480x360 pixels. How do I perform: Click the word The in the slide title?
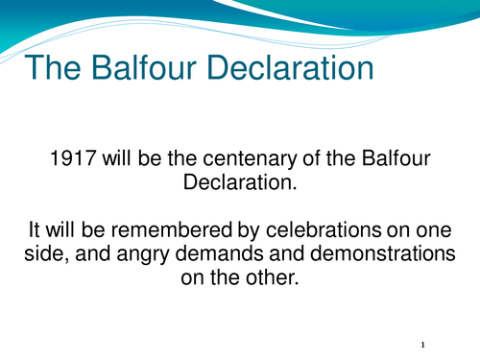click(53, 67)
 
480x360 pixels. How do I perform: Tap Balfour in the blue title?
click(144, 67)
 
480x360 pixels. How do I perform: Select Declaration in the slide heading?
click(291, 67)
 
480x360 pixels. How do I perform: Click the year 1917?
click(73, 158)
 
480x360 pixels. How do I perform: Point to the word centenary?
click(250, 158)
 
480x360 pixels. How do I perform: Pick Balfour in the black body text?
click(396, 157)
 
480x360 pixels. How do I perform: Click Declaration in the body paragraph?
click(240, 182)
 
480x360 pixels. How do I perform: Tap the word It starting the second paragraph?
click(35, 229)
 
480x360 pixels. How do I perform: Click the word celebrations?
click(324, 229)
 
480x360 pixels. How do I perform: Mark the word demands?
click(220, 253)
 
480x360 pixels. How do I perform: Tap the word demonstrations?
click(383, 253)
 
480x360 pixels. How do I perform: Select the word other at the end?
click(272, 277)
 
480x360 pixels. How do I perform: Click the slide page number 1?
click(423, 345)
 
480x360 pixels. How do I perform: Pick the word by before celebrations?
click(249, 230)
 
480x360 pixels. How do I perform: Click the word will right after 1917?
click(117, 157)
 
